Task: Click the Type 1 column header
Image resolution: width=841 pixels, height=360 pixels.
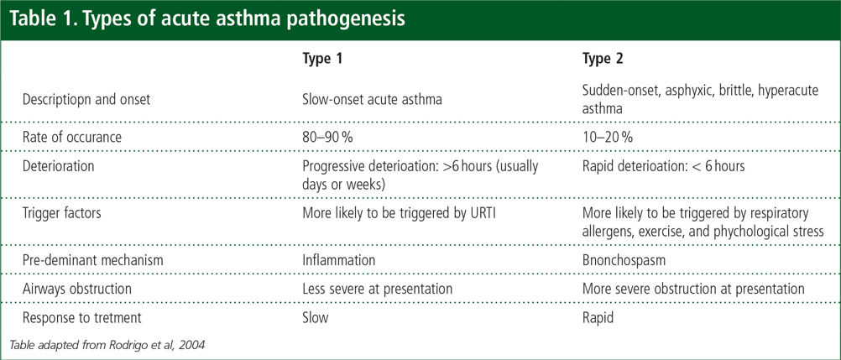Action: pyautogui.click(x=321, y=59)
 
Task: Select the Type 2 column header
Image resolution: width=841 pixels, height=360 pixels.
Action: pyautogui.click(x=603, y=59)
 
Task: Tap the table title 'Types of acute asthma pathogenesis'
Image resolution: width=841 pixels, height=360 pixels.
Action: pyautogui.click(x=207, y=19)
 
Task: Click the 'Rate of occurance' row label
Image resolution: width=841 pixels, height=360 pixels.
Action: pyautogui.click(x=72, y=137)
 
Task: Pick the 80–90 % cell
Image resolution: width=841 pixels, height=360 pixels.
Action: pyautogui.click(x=327, y=137)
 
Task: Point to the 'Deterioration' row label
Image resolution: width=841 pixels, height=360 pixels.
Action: pyautogui.click(x=58, y=166)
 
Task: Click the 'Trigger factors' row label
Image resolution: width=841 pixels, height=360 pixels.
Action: pyautogui.click(x=61, y=213)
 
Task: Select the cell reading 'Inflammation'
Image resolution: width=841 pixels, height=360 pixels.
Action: pyautogui.click(x=338, y=260)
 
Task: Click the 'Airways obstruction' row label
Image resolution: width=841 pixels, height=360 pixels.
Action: pyautogui.click(x=76, y=289)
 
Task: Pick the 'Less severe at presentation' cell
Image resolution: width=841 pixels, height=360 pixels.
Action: pyautogui.click(x=377, y=289)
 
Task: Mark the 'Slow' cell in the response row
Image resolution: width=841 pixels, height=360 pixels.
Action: pyautogui.click(x=316, y=317)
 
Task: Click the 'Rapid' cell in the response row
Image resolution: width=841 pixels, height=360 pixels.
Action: pyautogui.click(x=598, y=317)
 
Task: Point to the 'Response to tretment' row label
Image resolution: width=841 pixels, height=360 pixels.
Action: pyautogui.click(x=81, y=317)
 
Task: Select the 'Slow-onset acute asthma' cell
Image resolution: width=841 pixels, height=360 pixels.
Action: pyautogui.click(x=372, y=99)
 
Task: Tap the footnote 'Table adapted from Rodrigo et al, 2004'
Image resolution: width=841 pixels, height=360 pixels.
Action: pyautogui.click(x=107, y=344)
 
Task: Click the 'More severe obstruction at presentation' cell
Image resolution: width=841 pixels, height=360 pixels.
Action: pyautogui.click(x=693, y=289)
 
